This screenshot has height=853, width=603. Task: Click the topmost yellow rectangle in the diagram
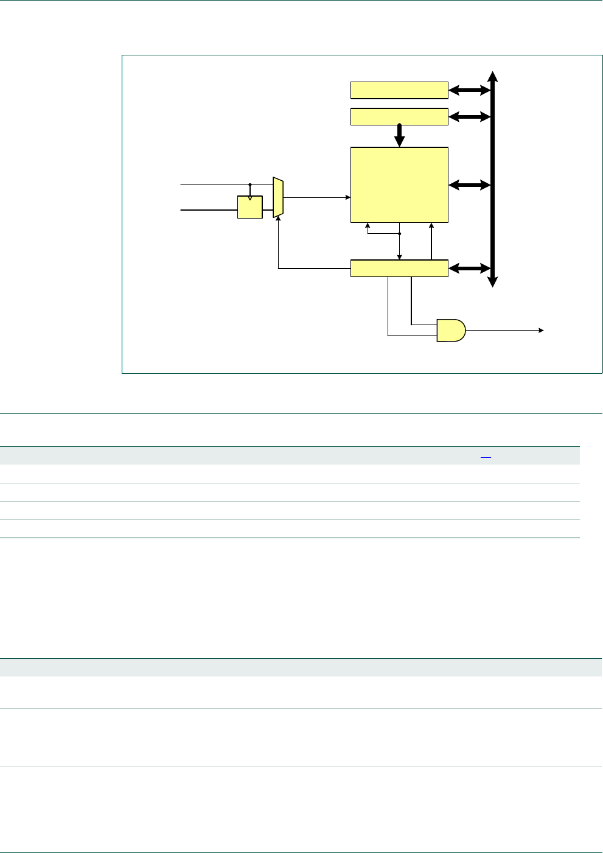[x=399, y=90]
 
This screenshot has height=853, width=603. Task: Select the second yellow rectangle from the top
[x=399, y=116]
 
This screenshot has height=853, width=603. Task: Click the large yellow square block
[x=399, y=184]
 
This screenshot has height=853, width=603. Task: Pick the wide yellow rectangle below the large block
[x=399, y=268]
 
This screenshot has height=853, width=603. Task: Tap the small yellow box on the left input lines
[x=249, y=207]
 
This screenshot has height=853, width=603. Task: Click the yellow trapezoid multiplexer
[x=278, y=197]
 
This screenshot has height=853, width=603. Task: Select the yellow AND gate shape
[x=451, y=330]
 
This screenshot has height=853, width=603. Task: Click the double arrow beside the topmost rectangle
[x=469, y=90]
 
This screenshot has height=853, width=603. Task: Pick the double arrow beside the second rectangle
[x=469, y=116]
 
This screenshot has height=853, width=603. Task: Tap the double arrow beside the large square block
[x=469, y=184]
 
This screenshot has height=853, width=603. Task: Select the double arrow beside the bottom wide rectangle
[x=469, y=268]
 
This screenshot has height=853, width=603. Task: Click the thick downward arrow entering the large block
[x=399, y=136]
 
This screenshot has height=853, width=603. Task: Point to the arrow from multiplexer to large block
[x=316, y=197]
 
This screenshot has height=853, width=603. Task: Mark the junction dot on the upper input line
[x=250, y=184]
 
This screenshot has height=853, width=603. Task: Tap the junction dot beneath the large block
[x=399, y=233]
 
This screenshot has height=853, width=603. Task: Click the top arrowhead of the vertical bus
[x=493, y=75]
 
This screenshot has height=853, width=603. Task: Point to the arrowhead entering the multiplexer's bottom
[x=278, y=220]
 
